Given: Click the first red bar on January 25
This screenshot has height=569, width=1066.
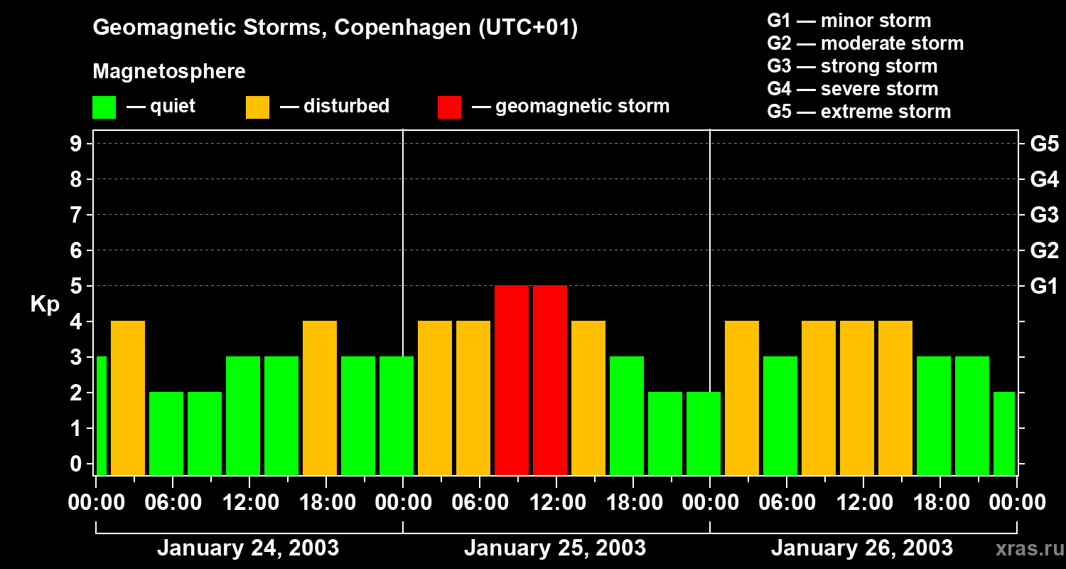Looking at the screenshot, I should coord(512,380).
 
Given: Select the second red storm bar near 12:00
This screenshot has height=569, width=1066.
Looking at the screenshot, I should coord(550,380).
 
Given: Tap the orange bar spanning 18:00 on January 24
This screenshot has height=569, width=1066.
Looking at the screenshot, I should coord(320,398).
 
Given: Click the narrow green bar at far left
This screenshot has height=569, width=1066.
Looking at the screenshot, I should coord(101,415).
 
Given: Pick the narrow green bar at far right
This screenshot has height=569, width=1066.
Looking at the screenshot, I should coord(1003,433).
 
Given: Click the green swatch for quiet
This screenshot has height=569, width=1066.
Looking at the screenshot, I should coord(104,107).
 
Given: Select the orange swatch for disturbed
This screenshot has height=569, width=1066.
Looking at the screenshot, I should coord(257,107).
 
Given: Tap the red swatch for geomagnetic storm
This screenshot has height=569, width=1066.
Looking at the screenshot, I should coord(449,107).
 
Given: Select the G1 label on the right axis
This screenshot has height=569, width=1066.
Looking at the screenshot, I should coord(1044,287).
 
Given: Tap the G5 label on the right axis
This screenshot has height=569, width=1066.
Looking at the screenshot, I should coord(1044,144).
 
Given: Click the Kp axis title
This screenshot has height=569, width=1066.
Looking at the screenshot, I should coord(45,304).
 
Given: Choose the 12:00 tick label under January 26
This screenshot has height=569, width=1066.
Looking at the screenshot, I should coord(863,502).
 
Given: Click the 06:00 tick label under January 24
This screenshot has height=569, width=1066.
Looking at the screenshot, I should coord(173,502).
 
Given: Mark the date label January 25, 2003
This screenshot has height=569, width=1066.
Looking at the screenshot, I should coord(555,548).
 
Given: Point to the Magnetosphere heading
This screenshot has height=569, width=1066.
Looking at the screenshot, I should coord(169,72).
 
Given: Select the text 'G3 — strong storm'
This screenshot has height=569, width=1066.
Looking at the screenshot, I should coord(852,66).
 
